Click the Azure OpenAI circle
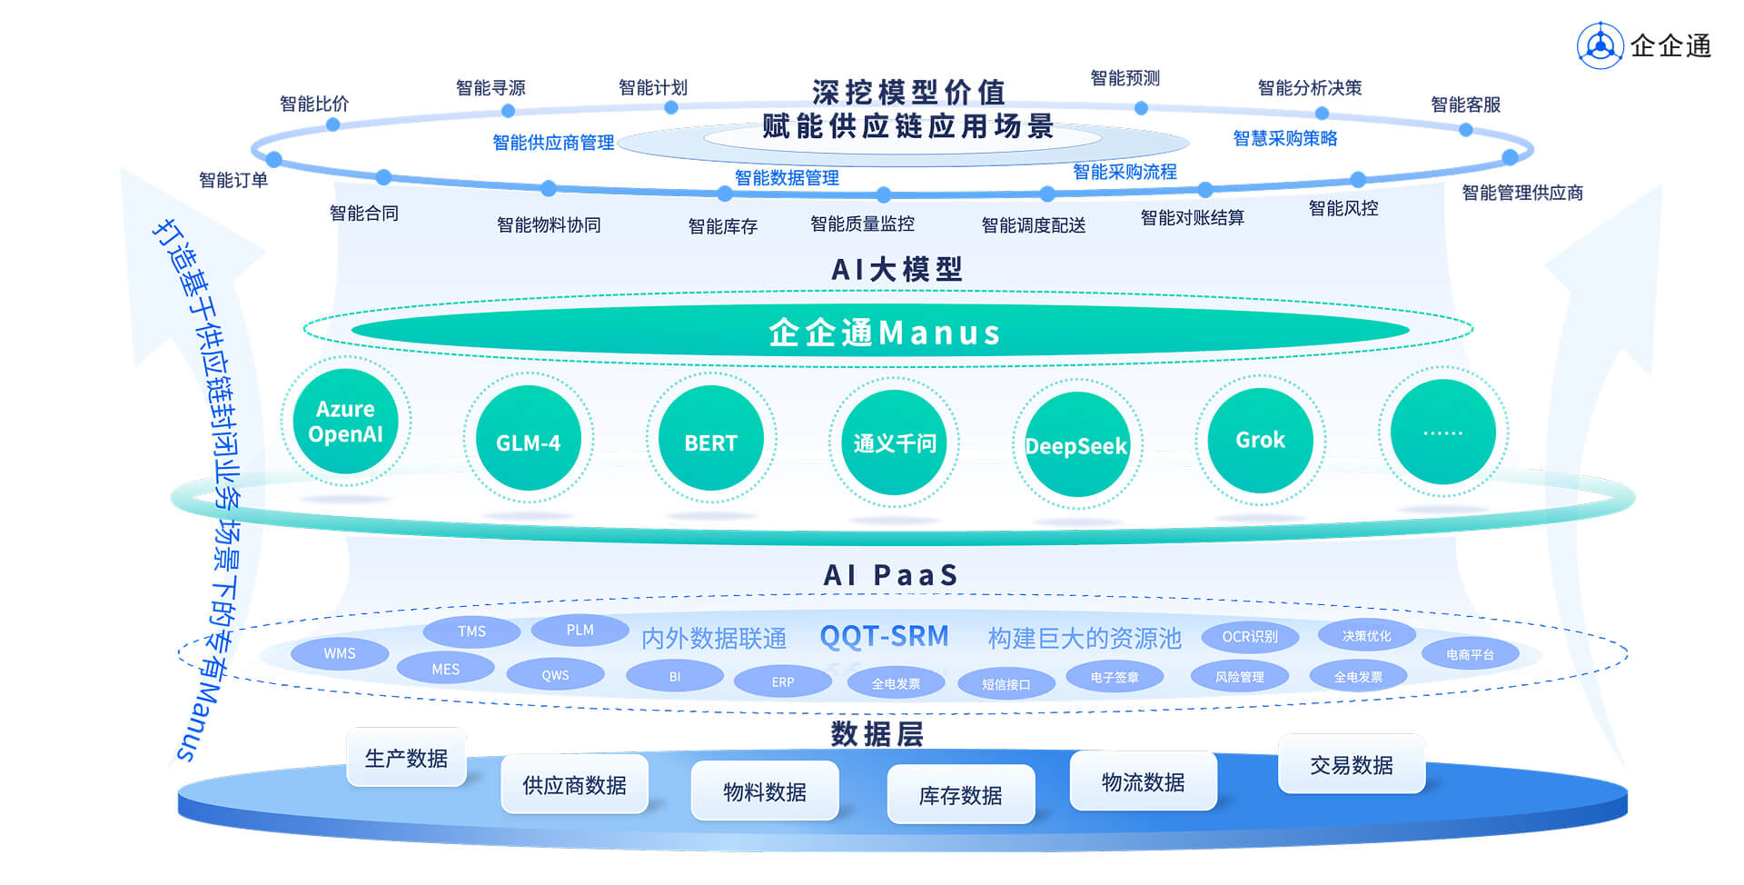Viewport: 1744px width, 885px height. pyautogui.click(x=345, y=422)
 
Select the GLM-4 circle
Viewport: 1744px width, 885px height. pyautogui.click(x=528, y=439)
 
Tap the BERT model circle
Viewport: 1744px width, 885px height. pyautogui.click(x=710, y=439)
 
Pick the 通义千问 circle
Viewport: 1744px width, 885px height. pyautogui.click(x=894, y=442)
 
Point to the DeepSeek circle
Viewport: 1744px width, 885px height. pyautogui.click(x=1077, y=444)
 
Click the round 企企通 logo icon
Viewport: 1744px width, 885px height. pyautogui.click(x=1600, y=45)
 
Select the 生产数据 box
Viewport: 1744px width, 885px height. pyautogui.click(x=406, y=758)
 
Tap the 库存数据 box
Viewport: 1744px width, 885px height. pyautogui.click(x=960, y=795)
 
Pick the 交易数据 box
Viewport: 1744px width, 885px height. pyautogui.click(x=1351, y=764)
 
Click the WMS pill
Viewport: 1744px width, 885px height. pyautogui.click(x=340, y=653)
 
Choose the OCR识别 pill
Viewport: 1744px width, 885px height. pyautogui.click(x=1249, y=637)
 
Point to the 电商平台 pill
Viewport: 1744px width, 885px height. pyautogui.click(x=1470, y=654)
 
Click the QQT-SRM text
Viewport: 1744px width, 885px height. pyautogui.click(x=884, y=636)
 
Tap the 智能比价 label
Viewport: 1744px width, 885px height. pyautogui.click(x=314, y=104)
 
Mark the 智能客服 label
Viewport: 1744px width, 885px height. pyautogui.click(x=1465, y=104)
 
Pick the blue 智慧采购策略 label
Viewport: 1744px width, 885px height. pyautogui.click(x=1284, y=138)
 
